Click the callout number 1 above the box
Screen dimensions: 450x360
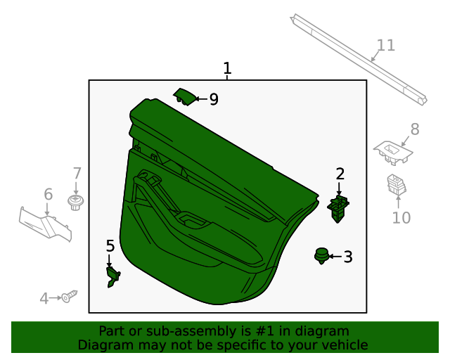click(x=227, y=68)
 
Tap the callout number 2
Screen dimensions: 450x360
click(x=340, y=174)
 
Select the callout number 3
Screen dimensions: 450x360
click(x=348, y=257)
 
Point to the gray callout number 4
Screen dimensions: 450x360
click(x=44, y=298)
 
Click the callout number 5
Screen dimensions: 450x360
click(x=110, y=246)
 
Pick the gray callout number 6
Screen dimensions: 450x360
click(x=49, y=194)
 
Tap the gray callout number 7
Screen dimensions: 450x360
click(x=77, y=174)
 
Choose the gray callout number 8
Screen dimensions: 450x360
click(x=415, y=129)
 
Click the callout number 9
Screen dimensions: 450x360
click(x=214, y=99)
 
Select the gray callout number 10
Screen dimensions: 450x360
click(x=401, y=218)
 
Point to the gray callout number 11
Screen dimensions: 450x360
click(x=386, y=46)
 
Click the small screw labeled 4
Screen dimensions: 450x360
click(x=70, y=296)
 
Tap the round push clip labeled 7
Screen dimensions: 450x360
click(x=76, y=202)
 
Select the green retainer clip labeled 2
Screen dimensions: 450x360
click(x=338, y=209)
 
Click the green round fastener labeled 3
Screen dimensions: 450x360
click(x=321, y=256)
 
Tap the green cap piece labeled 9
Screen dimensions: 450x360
click(x=186, y=97)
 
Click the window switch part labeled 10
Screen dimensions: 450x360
click(x=397, y=184)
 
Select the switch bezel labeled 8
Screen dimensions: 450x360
click(x=393, y=153)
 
